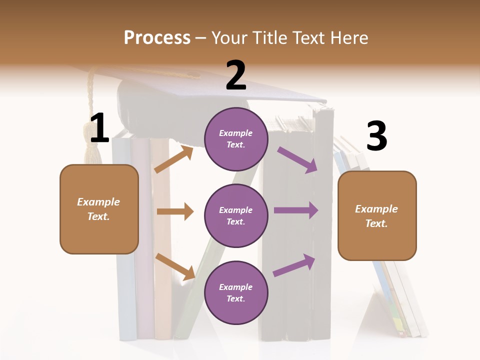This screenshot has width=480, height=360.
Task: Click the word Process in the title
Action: click(157, 38)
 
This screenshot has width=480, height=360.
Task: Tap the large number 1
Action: click(99, 128)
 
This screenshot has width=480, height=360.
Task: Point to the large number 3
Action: click(377, 136)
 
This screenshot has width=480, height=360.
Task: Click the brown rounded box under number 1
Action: click(99, 209)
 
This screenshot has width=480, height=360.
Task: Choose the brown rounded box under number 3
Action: click(377, 215)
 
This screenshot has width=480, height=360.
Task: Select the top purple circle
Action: click(236, 138)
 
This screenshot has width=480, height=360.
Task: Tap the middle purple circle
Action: click(236, 215)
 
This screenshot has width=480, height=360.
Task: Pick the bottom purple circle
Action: click(236, 292)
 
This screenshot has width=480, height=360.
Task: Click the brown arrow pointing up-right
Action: click(173, 159)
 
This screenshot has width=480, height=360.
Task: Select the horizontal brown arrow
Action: click(175, 211)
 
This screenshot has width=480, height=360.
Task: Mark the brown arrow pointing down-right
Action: click(175, 266)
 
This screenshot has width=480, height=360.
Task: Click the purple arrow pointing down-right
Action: click(297, 159)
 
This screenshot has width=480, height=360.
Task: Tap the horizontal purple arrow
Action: click(296, 210)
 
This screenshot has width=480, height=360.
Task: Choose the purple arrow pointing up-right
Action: click(294, 265)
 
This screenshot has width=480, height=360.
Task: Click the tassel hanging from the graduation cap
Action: click(92, 145)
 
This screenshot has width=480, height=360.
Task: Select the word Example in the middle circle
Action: click(236, 210)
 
